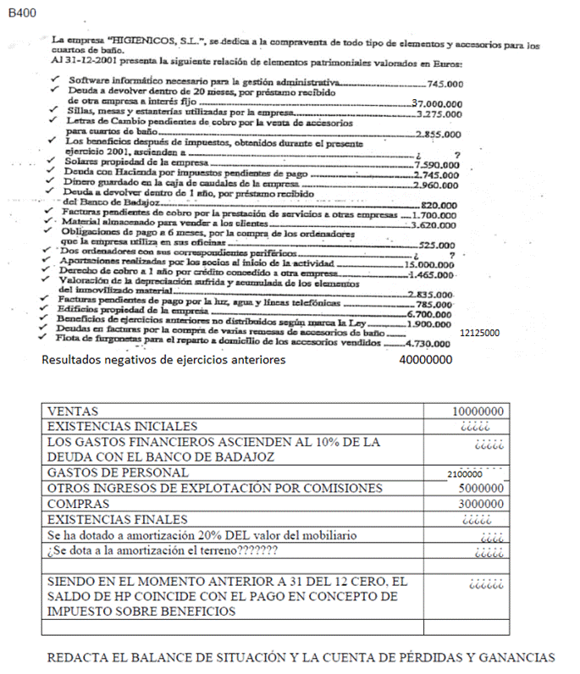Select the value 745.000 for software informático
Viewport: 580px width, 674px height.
tap(445, 83)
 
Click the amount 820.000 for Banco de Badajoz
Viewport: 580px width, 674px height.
tap(439, 206)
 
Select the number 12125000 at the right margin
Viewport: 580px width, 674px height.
tap(478, 334)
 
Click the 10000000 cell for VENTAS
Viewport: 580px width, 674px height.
tap(478, 411)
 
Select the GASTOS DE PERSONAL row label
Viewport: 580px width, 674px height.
tap(118, 472)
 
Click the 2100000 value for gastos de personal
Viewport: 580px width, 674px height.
tap(465, 474)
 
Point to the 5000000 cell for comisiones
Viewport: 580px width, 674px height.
tap(481, 489)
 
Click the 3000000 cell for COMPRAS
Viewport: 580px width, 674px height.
tap(481, 504)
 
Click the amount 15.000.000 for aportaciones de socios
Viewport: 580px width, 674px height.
tap(428, 265)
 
